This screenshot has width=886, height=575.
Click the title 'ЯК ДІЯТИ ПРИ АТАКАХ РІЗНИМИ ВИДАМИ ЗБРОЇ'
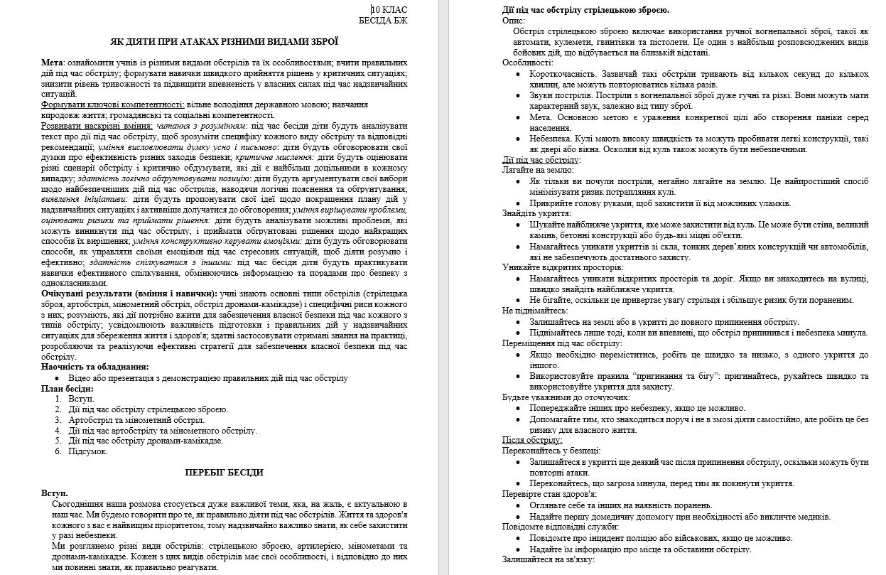pos(224,42)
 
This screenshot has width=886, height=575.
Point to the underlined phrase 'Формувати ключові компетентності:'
pos(111,104)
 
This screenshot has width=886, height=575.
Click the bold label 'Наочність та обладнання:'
pos(95,367)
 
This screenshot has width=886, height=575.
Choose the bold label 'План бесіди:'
pos(67,388)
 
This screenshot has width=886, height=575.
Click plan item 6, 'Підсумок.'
pos(88,451)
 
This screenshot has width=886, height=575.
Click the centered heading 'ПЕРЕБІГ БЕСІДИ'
pos(224,472)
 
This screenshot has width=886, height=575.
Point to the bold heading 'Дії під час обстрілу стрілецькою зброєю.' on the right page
pos(585,10)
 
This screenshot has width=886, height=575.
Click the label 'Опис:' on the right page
pos(514,21)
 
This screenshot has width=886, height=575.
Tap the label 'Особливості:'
pos(527,63)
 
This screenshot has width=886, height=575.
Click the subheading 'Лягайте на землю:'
pos(538,171)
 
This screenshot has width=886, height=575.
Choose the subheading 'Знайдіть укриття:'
pos(536,213)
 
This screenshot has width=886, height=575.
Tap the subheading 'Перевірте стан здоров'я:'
pos(549,493)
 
